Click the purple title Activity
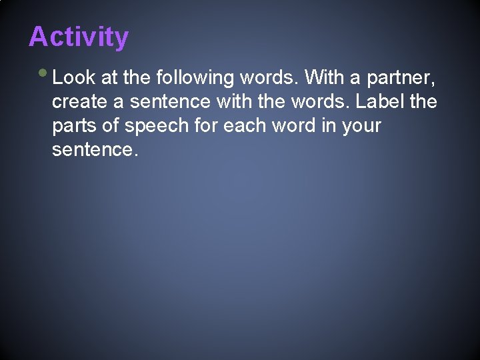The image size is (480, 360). point(79,37)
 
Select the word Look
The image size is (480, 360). point(74,78)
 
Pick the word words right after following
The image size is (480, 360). point(269,78)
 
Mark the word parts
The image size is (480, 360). point(73,127)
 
